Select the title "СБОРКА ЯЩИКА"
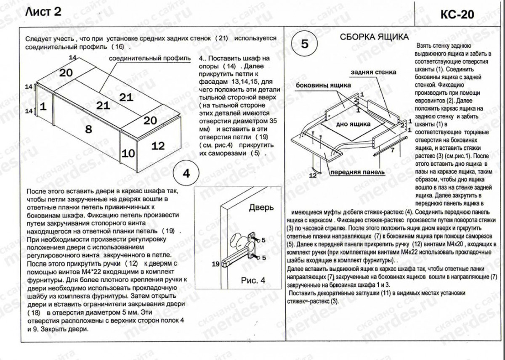(x=374, y=37)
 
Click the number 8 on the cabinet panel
(x=88, y=129)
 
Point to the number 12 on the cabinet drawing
(x=158, y=146)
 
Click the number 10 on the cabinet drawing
(x=129, y=153)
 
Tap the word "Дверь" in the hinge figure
(x=261, y=207)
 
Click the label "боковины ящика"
(x=323, y=85)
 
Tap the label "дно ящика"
(x=353, y=124)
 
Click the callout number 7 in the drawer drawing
(x=392, y=149)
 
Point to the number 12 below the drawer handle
(x=313, y=175)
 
